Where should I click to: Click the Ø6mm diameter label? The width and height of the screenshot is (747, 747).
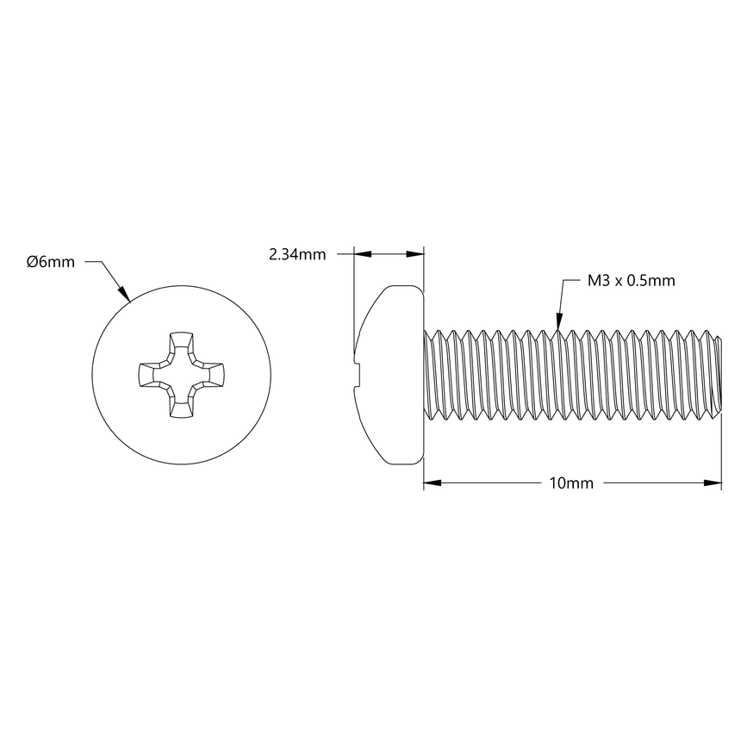tap(50, 262)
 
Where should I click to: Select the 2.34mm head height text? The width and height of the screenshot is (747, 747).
tap(297, 254)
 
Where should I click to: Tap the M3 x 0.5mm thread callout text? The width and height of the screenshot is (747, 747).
tap(631, 280)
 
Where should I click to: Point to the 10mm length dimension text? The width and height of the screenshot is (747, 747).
tap(571, 483)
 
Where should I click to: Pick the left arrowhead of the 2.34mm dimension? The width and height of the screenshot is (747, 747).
tap(361, 254)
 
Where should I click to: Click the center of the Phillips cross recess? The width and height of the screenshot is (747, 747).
tap(181, 376)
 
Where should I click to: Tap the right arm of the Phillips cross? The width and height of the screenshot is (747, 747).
tap(214, 376)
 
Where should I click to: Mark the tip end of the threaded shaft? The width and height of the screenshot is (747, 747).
tap(717, 375)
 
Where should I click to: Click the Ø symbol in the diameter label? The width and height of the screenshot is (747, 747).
tap(31, 262)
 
